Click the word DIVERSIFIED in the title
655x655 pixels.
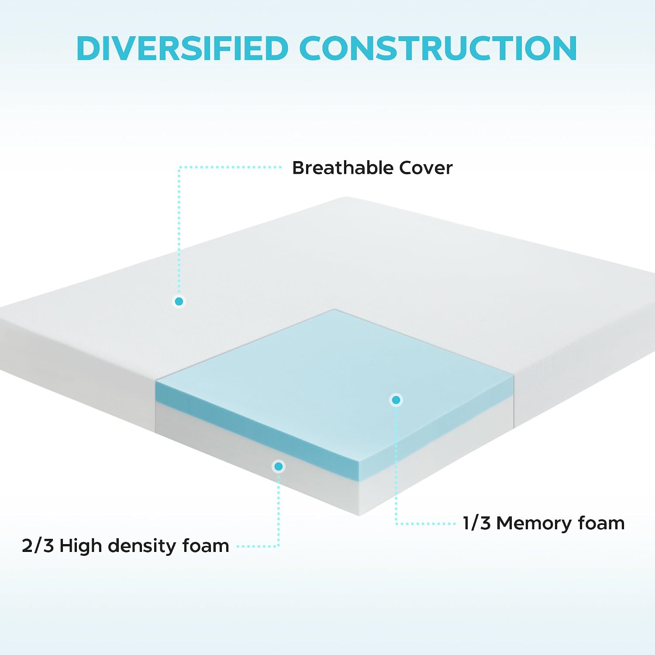182,48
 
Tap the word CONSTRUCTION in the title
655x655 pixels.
438,48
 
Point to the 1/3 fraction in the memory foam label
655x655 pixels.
476,523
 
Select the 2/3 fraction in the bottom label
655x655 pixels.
38,546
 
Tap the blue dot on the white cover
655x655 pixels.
179,301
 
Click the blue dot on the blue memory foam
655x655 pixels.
396,400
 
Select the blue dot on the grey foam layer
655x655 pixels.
279,466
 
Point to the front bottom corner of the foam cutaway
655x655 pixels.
359,516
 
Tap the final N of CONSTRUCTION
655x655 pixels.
565,48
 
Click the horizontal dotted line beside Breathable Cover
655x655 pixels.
231,167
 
